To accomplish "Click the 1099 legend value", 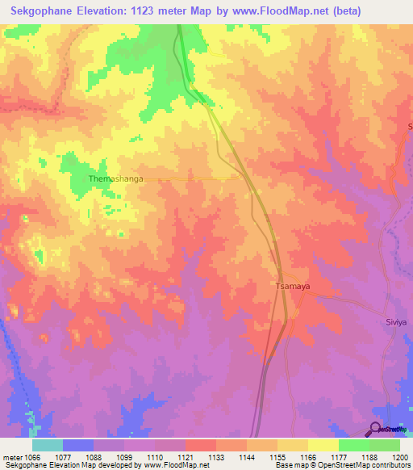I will pyautogui.click(x=123, y=457).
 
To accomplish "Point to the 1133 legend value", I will pyautogui.click(x=215, y=457).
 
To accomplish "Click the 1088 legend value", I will pyautogui.click(x=93, y=457).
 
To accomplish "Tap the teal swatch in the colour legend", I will pyautogui.click(x=47, y=445).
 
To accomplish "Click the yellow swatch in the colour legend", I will pyautogui.click(x=323, y=445).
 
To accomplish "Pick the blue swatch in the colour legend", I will pyautogui.click(x=77, y=445).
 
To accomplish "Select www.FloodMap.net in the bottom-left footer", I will pyautogui.click(x=172, y=465).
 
